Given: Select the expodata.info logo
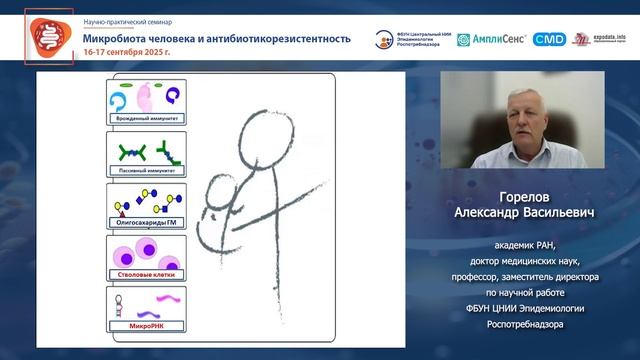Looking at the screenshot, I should pos(601,39).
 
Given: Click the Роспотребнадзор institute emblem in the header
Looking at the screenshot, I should pos(384,39).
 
